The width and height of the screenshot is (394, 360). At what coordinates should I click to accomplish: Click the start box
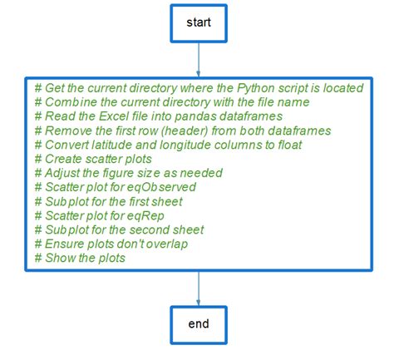199,22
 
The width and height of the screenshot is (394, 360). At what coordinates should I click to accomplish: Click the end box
199,323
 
